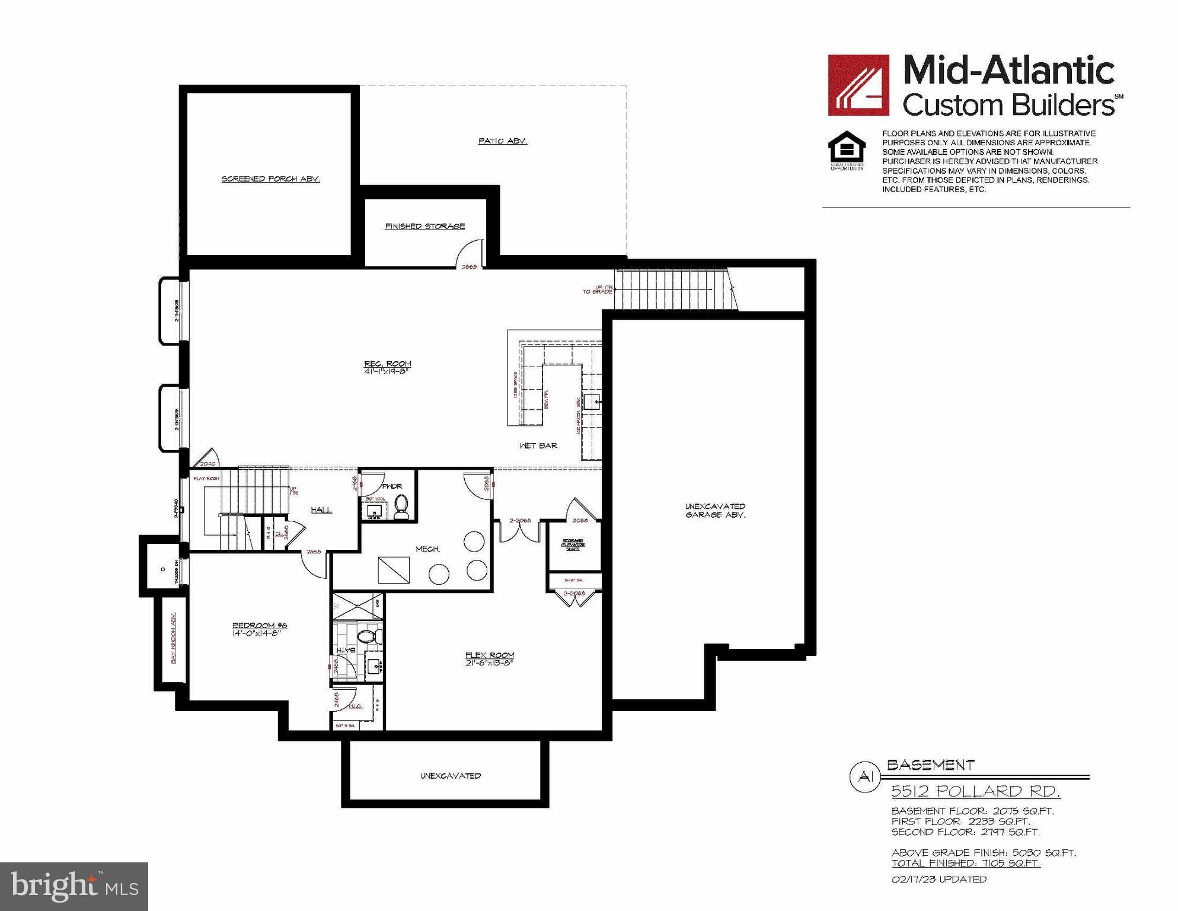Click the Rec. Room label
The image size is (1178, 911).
click(388, 364)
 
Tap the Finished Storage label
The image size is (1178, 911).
click(424, 226)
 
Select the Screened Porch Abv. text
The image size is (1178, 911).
click(270, 179)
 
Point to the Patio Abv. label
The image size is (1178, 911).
click(502, 141)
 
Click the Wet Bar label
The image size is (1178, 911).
click(538, 445)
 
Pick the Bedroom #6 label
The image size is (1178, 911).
click(260, 626)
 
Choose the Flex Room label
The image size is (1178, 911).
click(489, 655)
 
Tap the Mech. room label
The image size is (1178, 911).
click(427, 549)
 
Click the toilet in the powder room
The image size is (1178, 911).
click(401, 508)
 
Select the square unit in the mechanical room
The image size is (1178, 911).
click(394, 570)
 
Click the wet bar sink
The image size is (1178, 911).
click(592, 402)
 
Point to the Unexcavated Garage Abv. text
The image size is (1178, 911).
click(715, 511)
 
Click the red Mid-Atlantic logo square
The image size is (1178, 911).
click(858, 85)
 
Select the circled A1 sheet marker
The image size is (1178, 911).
click(866, 777)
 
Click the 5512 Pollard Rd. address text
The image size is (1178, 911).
click(976, 791)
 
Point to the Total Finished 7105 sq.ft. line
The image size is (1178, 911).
click(966, 863)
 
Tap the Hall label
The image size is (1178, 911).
click(321, 510)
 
